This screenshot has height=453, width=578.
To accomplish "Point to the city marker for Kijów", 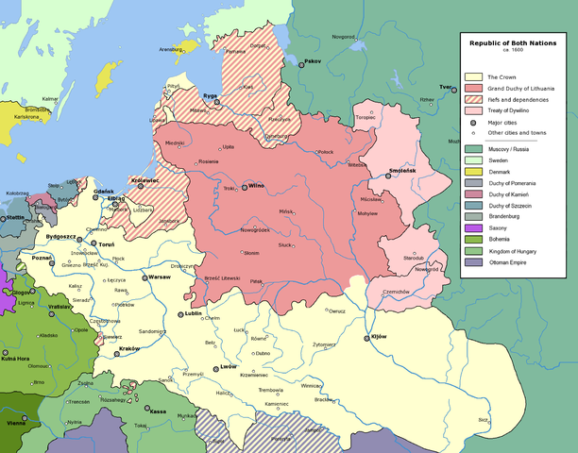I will click(x=367, y=337).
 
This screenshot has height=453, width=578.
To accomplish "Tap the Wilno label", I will click(x=257, y=186).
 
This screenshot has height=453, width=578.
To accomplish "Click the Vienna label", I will click(x=14, y=424).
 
